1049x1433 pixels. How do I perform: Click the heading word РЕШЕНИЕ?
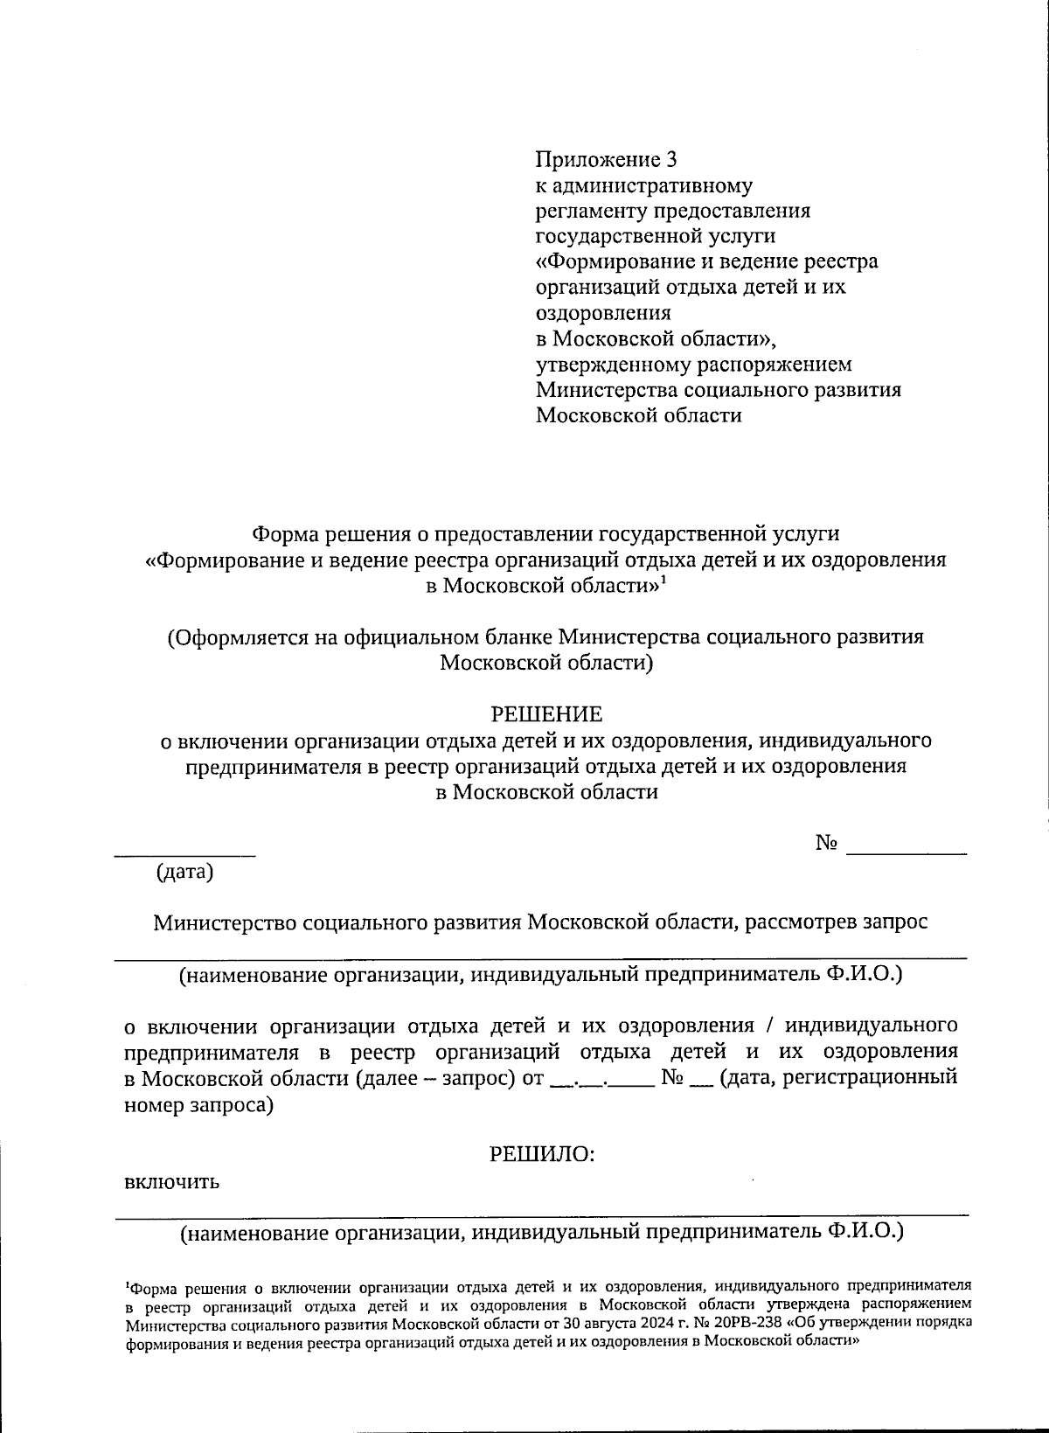coord(545,714)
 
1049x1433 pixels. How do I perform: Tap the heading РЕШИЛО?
coord(542,1154)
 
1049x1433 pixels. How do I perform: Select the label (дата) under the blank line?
coord(184,872)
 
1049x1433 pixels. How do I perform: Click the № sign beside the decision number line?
coord(827,843)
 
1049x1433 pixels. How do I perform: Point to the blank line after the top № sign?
coord(907,852)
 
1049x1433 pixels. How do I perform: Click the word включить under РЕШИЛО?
coord(171,1183)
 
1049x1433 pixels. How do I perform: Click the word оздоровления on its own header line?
coord(603,313)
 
